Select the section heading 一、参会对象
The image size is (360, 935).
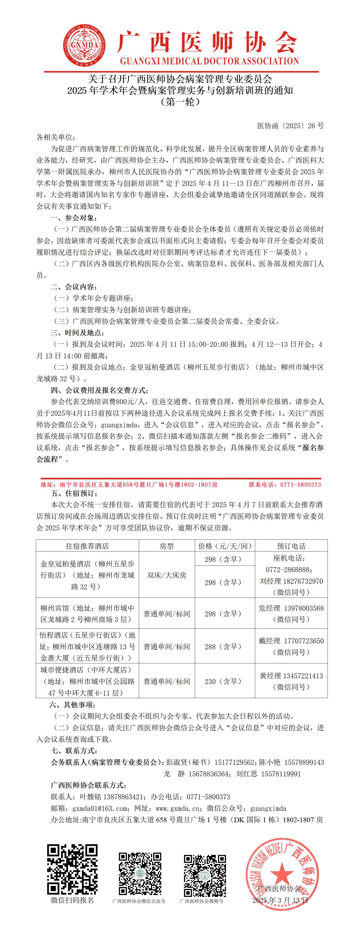click(x=74, y=218)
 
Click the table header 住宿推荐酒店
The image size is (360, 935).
click(x=87, y=546)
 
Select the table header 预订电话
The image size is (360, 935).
click(x=291, y=546)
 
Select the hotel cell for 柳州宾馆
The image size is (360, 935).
click(x=87, y=613)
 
